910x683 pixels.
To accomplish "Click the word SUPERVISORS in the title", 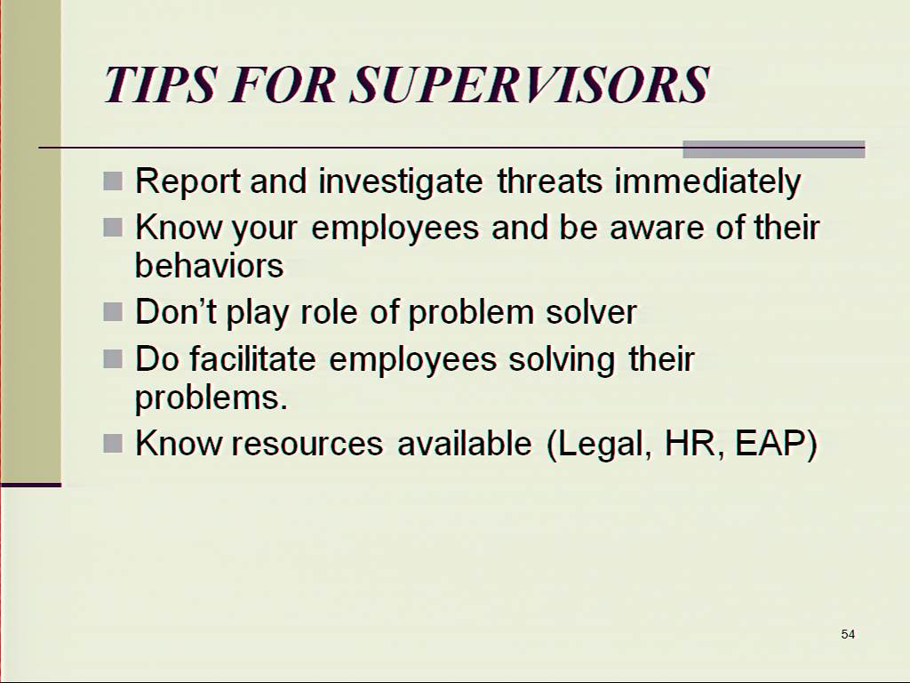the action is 530,84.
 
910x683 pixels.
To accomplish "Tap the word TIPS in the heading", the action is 161,84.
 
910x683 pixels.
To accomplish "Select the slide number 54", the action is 848,634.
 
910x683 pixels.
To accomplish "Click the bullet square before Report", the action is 113,181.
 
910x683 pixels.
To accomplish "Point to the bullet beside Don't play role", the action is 113,312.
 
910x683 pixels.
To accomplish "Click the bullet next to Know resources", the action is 113,444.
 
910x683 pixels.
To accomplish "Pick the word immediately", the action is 707,181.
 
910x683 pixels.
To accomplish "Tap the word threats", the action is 549,181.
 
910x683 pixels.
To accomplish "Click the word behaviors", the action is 209,265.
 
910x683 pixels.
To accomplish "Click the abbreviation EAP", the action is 776,444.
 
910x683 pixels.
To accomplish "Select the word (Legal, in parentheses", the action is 599,445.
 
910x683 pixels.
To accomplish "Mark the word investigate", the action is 401,181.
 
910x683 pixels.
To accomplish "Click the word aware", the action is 657,227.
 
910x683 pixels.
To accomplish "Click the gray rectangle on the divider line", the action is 774,149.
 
